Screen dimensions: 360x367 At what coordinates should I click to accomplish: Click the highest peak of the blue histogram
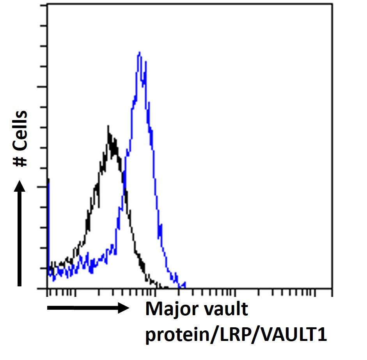click(139, 52)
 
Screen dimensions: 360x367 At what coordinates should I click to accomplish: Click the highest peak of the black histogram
click(108, 126)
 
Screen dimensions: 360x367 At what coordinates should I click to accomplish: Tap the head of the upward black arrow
click(20, 186)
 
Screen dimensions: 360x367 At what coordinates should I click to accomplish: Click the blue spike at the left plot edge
click(48, 183)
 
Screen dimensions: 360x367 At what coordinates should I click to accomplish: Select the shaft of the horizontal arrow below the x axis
click(82, 308)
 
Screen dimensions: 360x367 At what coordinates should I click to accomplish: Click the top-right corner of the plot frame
click(332, 4)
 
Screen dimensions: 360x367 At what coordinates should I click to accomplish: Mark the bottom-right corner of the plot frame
click(332, 288)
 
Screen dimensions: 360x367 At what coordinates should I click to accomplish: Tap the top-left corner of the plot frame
click(48, 4)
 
